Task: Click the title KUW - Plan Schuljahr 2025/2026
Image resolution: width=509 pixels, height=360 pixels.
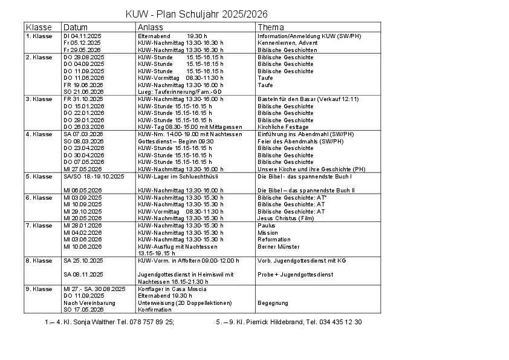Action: click(x=196, y=15)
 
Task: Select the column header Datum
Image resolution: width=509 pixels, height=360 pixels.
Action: click(x=76, y=27)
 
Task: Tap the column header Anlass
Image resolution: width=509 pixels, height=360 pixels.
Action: click(x=150, y=27)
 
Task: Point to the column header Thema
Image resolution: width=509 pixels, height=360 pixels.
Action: click(x=270, y=27)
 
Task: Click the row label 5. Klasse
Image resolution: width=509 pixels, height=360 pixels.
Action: click(x=39, y=177)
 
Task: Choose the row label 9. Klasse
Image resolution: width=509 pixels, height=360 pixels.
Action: click(x=39, y=289)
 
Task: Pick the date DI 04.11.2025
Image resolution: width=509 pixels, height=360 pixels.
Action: click(x=82, y=36)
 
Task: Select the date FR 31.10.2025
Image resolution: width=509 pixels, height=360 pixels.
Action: click(x=83, y=99)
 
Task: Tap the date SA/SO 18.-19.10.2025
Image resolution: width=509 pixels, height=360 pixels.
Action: click(x=94, y=177)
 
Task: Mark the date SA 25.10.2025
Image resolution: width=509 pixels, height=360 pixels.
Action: click(x=83, y=261)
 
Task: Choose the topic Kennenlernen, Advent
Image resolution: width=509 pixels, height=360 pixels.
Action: click(x=288, y=44)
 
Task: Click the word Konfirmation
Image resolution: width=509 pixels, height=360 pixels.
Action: click(x=155, y=310)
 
